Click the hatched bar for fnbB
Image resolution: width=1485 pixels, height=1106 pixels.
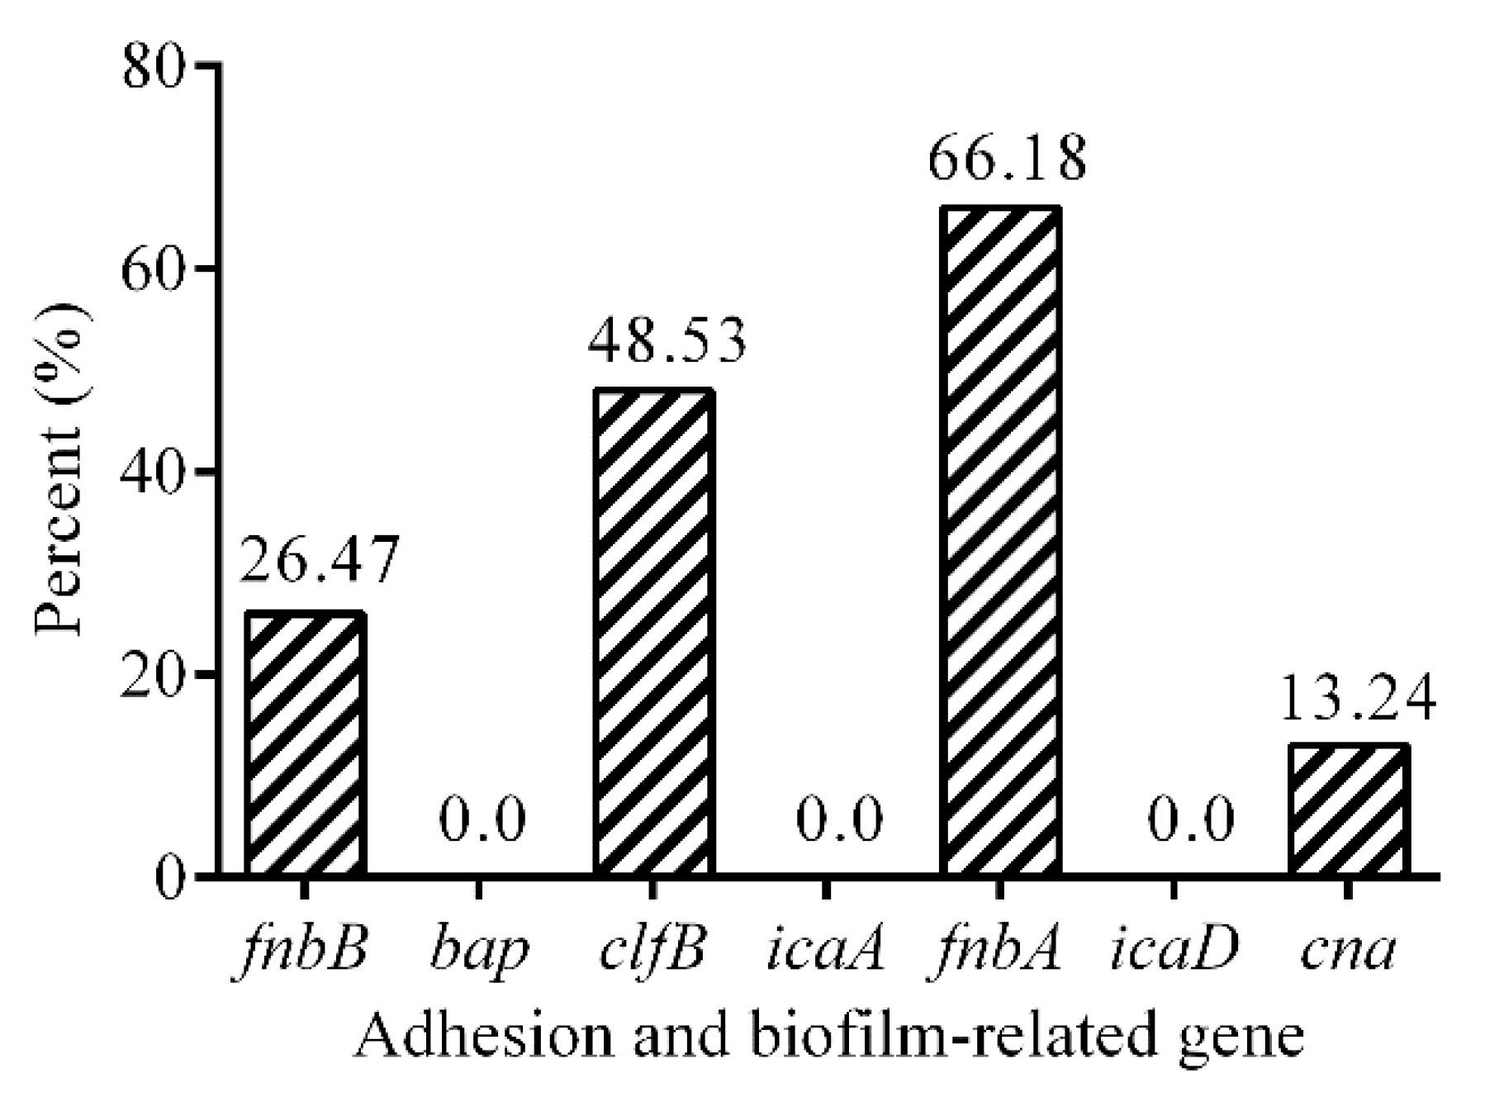point(305,743)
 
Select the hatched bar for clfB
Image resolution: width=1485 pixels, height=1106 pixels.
point(653,632)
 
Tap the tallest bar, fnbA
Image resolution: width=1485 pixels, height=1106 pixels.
point(1000,541)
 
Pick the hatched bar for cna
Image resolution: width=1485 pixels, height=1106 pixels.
point(1348,809)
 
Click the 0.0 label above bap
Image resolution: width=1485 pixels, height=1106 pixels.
point(482,820)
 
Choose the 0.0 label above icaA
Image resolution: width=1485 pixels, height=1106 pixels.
point(839,820)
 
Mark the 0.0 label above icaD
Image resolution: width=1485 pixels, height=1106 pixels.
point(1190,820)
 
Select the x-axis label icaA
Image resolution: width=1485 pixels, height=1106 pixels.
point(825,950)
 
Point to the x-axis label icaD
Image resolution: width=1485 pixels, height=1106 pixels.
point(1174,950)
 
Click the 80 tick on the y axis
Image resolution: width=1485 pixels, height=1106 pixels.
point(154,65)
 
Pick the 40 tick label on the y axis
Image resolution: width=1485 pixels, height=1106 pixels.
point(154,471)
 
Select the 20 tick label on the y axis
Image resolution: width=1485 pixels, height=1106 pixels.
point(154,674)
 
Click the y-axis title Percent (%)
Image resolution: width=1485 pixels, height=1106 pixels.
point(60,471)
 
